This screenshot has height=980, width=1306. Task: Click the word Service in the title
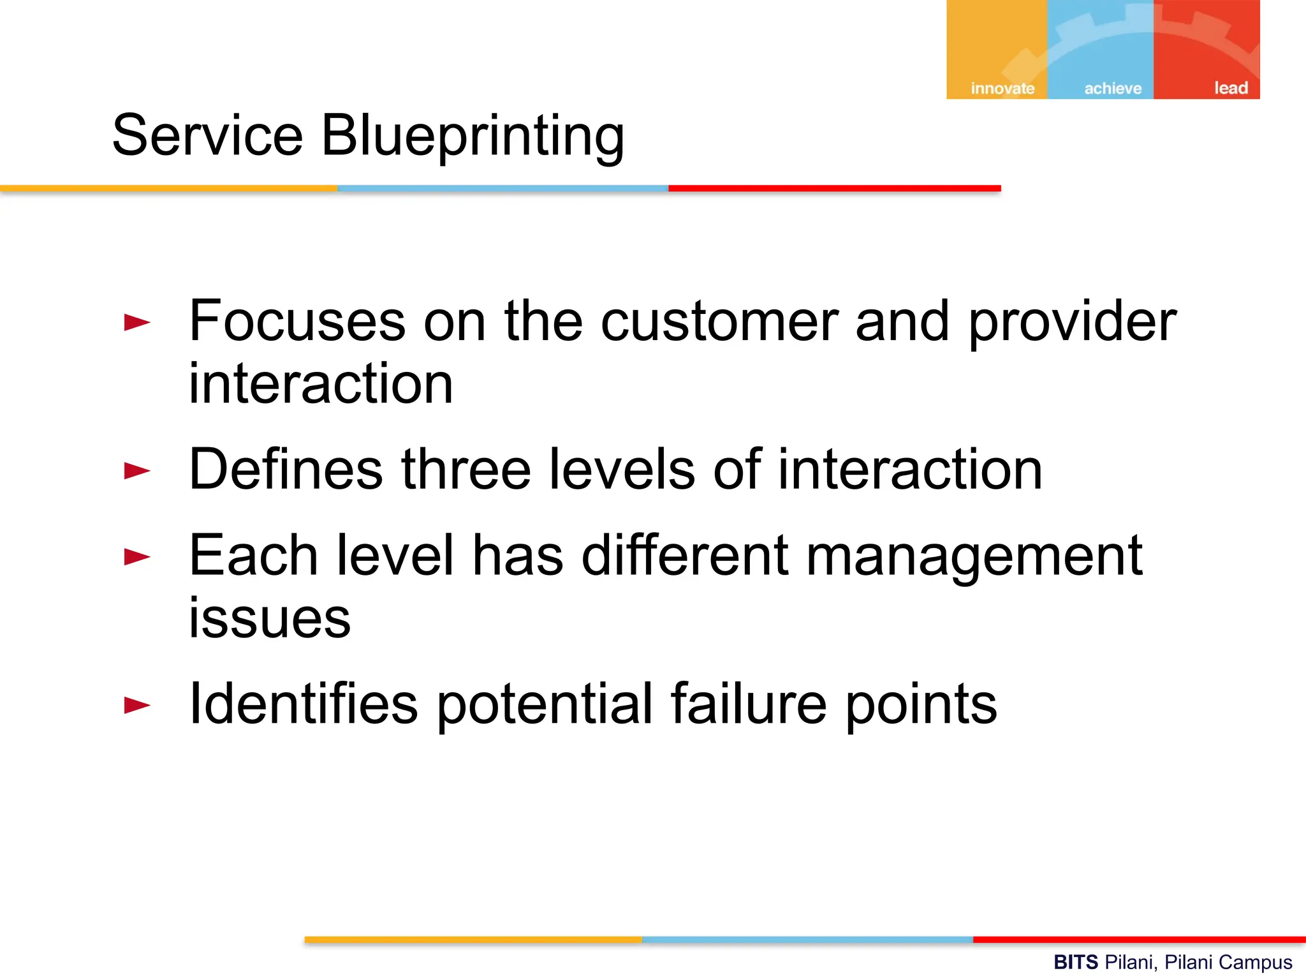point(207,135)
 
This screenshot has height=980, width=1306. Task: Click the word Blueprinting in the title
point(472,137)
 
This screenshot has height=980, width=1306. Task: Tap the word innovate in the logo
point(1002,88)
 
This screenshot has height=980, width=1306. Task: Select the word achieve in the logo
point(1113,88)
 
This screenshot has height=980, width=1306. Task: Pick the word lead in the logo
point(1231,87)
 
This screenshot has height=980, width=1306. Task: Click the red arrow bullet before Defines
point(137,471)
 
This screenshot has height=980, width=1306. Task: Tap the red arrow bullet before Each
point(137,556)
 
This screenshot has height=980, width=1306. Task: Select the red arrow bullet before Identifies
point(137,705)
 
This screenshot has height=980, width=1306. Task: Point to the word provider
point(1072,323)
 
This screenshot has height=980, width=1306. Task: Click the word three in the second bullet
point(466,470)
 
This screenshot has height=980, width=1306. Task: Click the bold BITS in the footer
point(1076,962)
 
